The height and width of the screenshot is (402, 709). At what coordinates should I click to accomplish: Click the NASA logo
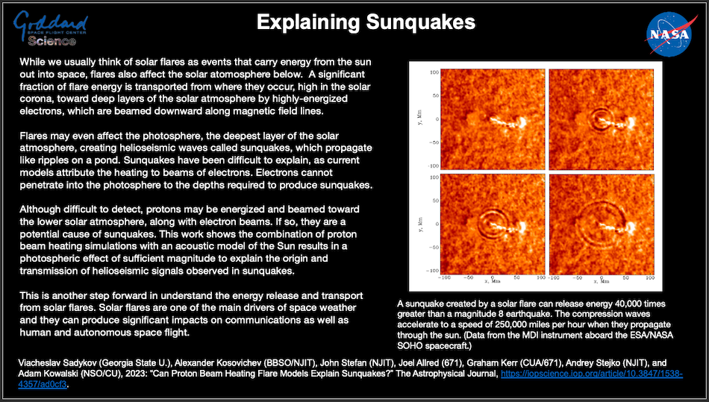[x=669, y=34]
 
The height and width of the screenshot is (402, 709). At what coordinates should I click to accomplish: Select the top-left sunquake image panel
[x=493, y=119]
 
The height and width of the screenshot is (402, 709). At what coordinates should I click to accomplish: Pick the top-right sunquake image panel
[x=602, y=119]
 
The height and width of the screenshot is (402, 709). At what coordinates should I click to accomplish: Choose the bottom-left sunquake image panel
[x=493, y=224]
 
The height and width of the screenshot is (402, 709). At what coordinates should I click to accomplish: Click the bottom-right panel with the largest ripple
[x=602, y=224]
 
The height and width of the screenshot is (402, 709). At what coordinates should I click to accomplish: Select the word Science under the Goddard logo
[x=51, y=42]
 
